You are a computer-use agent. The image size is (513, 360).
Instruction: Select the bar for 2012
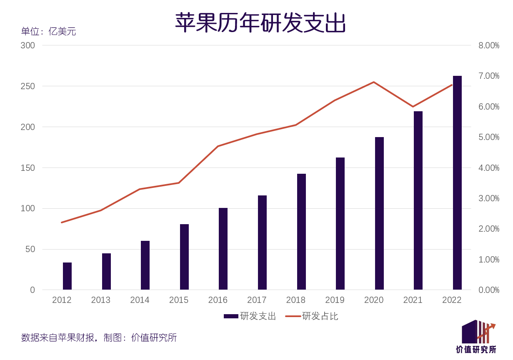pos(67,276)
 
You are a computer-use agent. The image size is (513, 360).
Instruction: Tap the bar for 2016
pos(223,249)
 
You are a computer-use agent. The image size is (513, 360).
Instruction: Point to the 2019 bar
pos(340,223)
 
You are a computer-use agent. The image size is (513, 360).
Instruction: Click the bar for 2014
pos(145,265)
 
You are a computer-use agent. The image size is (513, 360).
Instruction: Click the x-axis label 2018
pos(295,300)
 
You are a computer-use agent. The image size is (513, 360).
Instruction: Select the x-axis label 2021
pos(413,300)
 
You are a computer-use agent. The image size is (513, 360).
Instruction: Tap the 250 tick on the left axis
pos(28,86)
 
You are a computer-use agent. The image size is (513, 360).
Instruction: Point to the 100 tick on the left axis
pos(28,208)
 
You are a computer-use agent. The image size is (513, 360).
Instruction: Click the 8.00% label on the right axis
pos(488,45)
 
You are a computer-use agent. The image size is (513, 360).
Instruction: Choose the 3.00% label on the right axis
pos(488,198)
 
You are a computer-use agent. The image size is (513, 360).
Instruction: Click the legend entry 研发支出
pos(250,316)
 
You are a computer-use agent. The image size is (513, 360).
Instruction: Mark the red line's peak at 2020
pos(374,82)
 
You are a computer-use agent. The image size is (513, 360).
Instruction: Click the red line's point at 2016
pos(218,146)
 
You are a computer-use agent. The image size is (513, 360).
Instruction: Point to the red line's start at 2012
pos(62,222)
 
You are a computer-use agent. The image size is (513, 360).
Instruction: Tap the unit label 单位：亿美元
pos(48,32)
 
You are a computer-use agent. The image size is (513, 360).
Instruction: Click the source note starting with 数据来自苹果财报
pos(99,337)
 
